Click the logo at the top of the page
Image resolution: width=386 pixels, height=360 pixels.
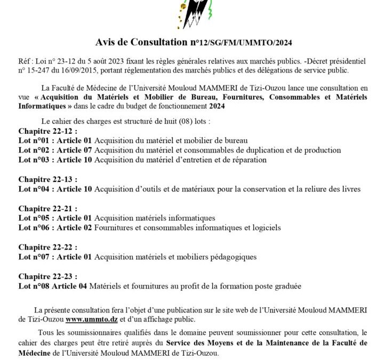click(x=194, y=14)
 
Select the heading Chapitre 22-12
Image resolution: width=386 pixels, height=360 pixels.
click(x=47, y=131)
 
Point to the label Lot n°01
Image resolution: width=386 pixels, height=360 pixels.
click(x=34, y=140)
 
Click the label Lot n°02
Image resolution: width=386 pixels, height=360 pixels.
click(x=34, y=150)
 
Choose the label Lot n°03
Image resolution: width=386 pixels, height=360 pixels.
click(x=34, y=159)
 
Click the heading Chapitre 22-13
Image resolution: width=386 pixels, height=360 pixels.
click(x=47, y=179)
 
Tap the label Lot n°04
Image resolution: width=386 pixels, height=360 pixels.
click(x=34, y=188)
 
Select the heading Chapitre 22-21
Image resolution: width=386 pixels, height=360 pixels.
click(x=47, y=208)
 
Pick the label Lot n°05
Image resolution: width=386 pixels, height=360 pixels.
click(x=34, y=218)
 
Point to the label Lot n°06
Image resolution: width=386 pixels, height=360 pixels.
click(x=34, y=227)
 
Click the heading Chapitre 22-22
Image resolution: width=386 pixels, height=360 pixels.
click(x=47, y=247)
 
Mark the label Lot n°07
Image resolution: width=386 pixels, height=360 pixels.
click(x=34, y=257)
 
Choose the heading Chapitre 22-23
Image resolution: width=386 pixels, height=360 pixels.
click(x=47, y=276)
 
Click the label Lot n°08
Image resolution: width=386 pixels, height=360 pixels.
click(x=34, y=286)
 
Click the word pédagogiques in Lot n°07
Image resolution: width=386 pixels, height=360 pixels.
click(x=234, y=257)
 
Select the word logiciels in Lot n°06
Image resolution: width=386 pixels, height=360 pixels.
click(x=265, y=227)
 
